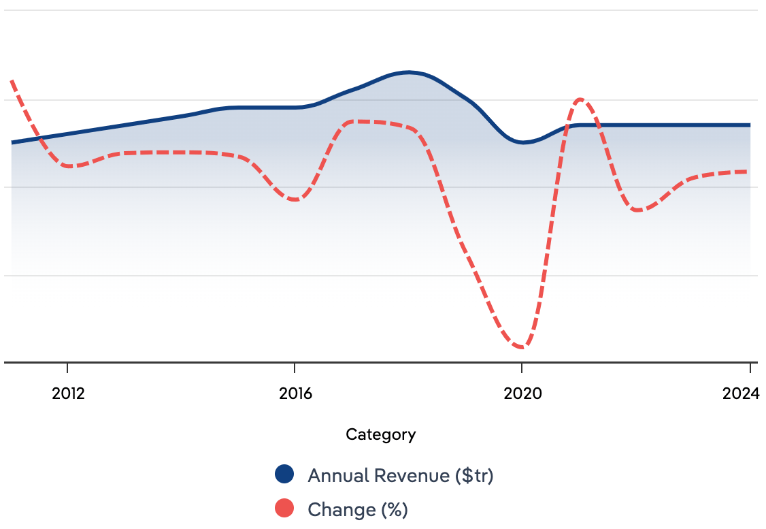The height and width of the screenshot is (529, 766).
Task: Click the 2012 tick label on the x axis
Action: click(68, 394)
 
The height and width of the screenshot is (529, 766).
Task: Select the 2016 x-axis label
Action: click(295, 394)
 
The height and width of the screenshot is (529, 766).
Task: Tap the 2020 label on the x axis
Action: click(522, 394)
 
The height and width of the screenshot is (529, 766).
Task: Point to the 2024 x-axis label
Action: click(741, 394)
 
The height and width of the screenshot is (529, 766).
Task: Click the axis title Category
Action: click(380, 434)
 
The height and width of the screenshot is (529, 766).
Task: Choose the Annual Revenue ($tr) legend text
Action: click(400, 475)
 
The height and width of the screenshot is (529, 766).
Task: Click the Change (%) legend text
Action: click(357, 509)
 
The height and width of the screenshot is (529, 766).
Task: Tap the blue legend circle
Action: click(284, 475)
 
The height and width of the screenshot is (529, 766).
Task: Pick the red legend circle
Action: click(284, 509)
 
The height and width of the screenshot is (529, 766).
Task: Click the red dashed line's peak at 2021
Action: click(580, 99)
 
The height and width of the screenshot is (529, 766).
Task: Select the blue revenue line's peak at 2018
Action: click(408, 72)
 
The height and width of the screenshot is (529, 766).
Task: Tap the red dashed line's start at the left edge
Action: click(12, 81)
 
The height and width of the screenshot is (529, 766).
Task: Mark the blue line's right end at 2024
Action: click(750, 125)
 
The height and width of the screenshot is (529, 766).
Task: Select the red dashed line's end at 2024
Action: click(750, 172)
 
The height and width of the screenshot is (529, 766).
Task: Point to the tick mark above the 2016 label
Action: click(295, 368)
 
